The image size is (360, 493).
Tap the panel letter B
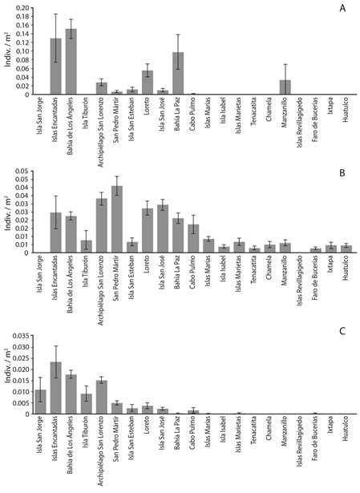tap(343, 170)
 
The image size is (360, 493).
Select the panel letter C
tap(343, 330)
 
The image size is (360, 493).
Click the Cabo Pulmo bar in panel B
tap(193, 238)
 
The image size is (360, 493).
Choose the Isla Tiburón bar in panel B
tap(86, 246)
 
